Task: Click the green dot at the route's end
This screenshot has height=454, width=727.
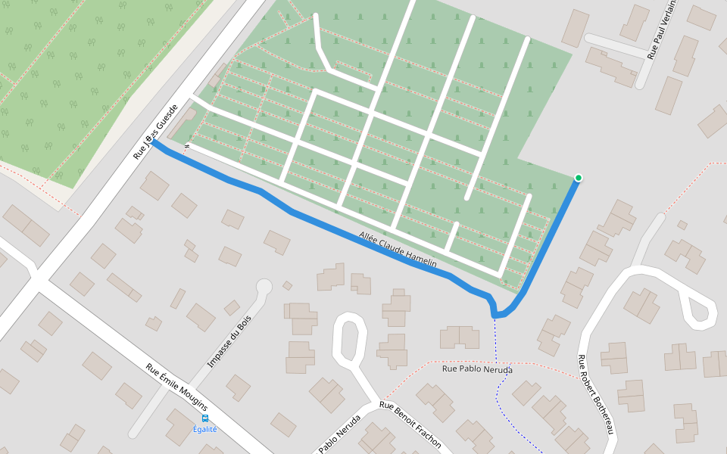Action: (579, 178)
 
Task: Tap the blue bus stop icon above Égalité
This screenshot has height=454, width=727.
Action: (204, 418)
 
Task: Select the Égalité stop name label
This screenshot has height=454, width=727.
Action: (204, 429)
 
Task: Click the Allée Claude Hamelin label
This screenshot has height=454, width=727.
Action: (398, 250)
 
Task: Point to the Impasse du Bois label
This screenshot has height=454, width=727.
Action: (229, 341)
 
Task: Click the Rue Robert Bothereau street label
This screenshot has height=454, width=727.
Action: (595, 394)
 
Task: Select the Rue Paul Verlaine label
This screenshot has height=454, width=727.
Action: (661, 30)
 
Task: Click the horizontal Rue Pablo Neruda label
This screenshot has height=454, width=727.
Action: (477, 369)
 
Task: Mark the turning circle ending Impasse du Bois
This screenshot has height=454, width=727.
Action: (264, 287)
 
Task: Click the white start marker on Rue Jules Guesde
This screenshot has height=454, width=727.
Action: (151, 140)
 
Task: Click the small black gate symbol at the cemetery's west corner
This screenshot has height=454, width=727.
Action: (186, 146)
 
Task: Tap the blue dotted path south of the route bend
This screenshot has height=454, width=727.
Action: (498, 378)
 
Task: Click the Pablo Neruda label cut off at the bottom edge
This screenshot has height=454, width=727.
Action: (339, 439)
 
